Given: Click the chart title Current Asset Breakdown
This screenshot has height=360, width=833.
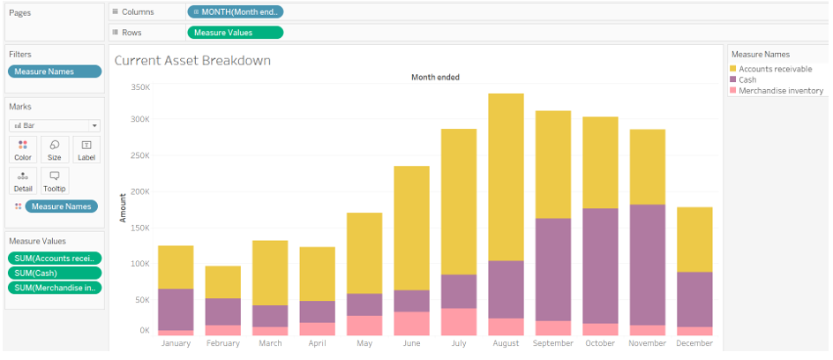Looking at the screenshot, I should [192, 61].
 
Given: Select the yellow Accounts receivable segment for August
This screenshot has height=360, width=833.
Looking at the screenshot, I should [506, 176].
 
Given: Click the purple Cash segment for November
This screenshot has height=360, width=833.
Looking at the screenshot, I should [648, 265].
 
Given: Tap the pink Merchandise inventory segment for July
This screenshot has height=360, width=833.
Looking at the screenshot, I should [459, 321].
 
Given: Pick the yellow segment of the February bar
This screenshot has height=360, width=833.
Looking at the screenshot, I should [222, 281].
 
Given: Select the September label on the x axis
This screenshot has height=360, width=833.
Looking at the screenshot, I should [553, 343].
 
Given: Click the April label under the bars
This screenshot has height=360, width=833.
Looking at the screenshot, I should [317, 343].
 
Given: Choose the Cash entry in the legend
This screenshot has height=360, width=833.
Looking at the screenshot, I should [747, 79].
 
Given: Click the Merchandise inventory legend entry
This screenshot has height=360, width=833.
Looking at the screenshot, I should [780, 91].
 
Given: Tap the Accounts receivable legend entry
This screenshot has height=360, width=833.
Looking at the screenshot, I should [775, 69].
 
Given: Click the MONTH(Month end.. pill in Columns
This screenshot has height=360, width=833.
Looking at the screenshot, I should [236, 11].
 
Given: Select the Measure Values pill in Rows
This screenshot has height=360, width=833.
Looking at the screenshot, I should [236, 33].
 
